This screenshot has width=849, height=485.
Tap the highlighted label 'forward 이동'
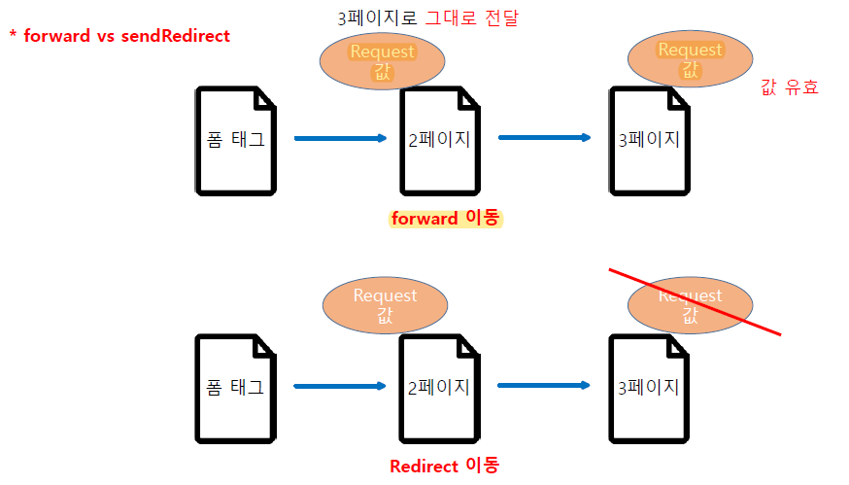pos(444,219)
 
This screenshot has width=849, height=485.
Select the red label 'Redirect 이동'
pos(444,466)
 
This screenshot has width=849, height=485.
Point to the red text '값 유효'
pos(789,87)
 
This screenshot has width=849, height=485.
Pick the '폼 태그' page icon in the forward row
pos(235,139)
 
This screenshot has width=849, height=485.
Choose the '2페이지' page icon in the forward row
pos(439,139)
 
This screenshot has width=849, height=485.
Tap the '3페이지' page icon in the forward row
pos(649,139)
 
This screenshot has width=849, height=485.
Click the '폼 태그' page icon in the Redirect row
pos(235,387)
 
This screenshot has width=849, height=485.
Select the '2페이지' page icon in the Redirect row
pos(439,387)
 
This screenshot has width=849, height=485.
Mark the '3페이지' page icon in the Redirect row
pos(649,387)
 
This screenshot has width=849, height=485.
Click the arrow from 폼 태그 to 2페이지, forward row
pos(339,138)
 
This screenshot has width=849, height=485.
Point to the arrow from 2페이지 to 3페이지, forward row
pos(544,137)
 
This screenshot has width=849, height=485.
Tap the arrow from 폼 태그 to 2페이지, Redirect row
pos(339,387)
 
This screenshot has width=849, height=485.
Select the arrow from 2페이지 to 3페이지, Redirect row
pos(544,386)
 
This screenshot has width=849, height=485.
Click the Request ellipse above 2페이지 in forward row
pos(382,61)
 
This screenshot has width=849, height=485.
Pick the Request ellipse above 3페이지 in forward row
pos(690,58)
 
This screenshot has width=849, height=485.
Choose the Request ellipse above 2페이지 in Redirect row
pos(385,304)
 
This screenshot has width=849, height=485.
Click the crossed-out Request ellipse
pos(690,305)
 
